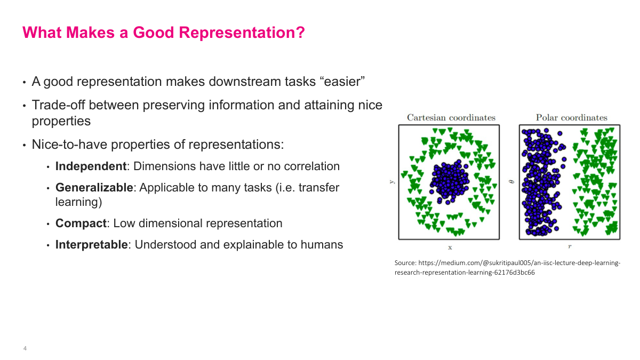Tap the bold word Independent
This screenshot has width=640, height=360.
[91, 166]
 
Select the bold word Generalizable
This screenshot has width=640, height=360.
[94, 188]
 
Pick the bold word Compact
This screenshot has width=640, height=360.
[81, 223]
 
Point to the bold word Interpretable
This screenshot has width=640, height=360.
[92, 245]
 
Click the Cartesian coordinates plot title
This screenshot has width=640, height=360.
[451, 118]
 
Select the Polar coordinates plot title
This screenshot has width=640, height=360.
[571, 118]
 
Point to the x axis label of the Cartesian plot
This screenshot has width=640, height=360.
[450, 247]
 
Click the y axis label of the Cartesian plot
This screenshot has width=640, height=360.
[391, 182]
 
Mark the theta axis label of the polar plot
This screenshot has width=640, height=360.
[512, 182]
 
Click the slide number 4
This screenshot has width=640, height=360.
[25, 348]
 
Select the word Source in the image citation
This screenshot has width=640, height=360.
[405, 263]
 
